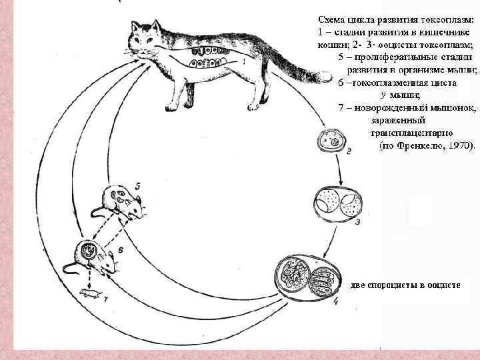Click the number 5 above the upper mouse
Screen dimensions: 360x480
136,184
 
